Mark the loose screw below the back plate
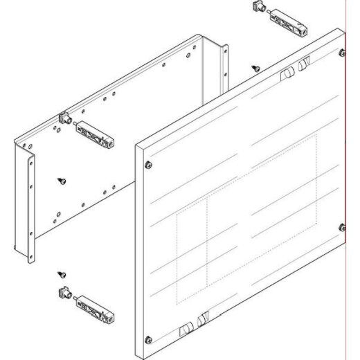click(x=62, y=275)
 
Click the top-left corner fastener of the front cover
click(x=149, y=165)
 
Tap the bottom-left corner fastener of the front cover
click(x=149, y=339)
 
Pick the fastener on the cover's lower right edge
click(x=341, y=228)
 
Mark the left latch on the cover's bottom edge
click(x=186, y=330)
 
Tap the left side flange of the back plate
click(x=31, y=208)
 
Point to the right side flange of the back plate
click(x=224, y=65)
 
